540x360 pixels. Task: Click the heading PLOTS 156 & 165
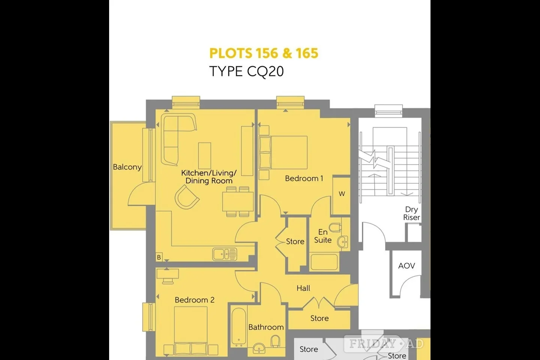(264, 53)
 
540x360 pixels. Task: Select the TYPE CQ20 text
(246, 72)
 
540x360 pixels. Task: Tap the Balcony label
(127, 167)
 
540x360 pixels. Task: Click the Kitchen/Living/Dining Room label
(209, 177)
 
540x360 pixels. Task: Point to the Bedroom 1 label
(304, 178)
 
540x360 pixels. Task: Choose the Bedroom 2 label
(195, 300)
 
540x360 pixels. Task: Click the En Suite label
(323, 236)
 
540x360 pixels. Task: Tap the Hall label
(303, 288)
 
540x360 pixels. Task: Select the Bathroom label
(266, 327)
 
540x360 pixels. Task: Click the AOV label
(406, 266)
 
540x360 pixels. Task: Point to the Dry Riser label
(411, 213)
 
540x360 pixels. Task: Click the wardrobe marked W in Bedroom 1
(341, 195)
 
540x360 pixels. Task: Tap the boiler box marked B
(159, 257)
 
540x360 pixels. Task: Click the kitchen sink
(225, 254)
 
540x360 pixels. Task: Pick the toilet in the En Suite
(335, 227)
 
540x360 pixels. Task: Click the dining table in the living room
(238, 202)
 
